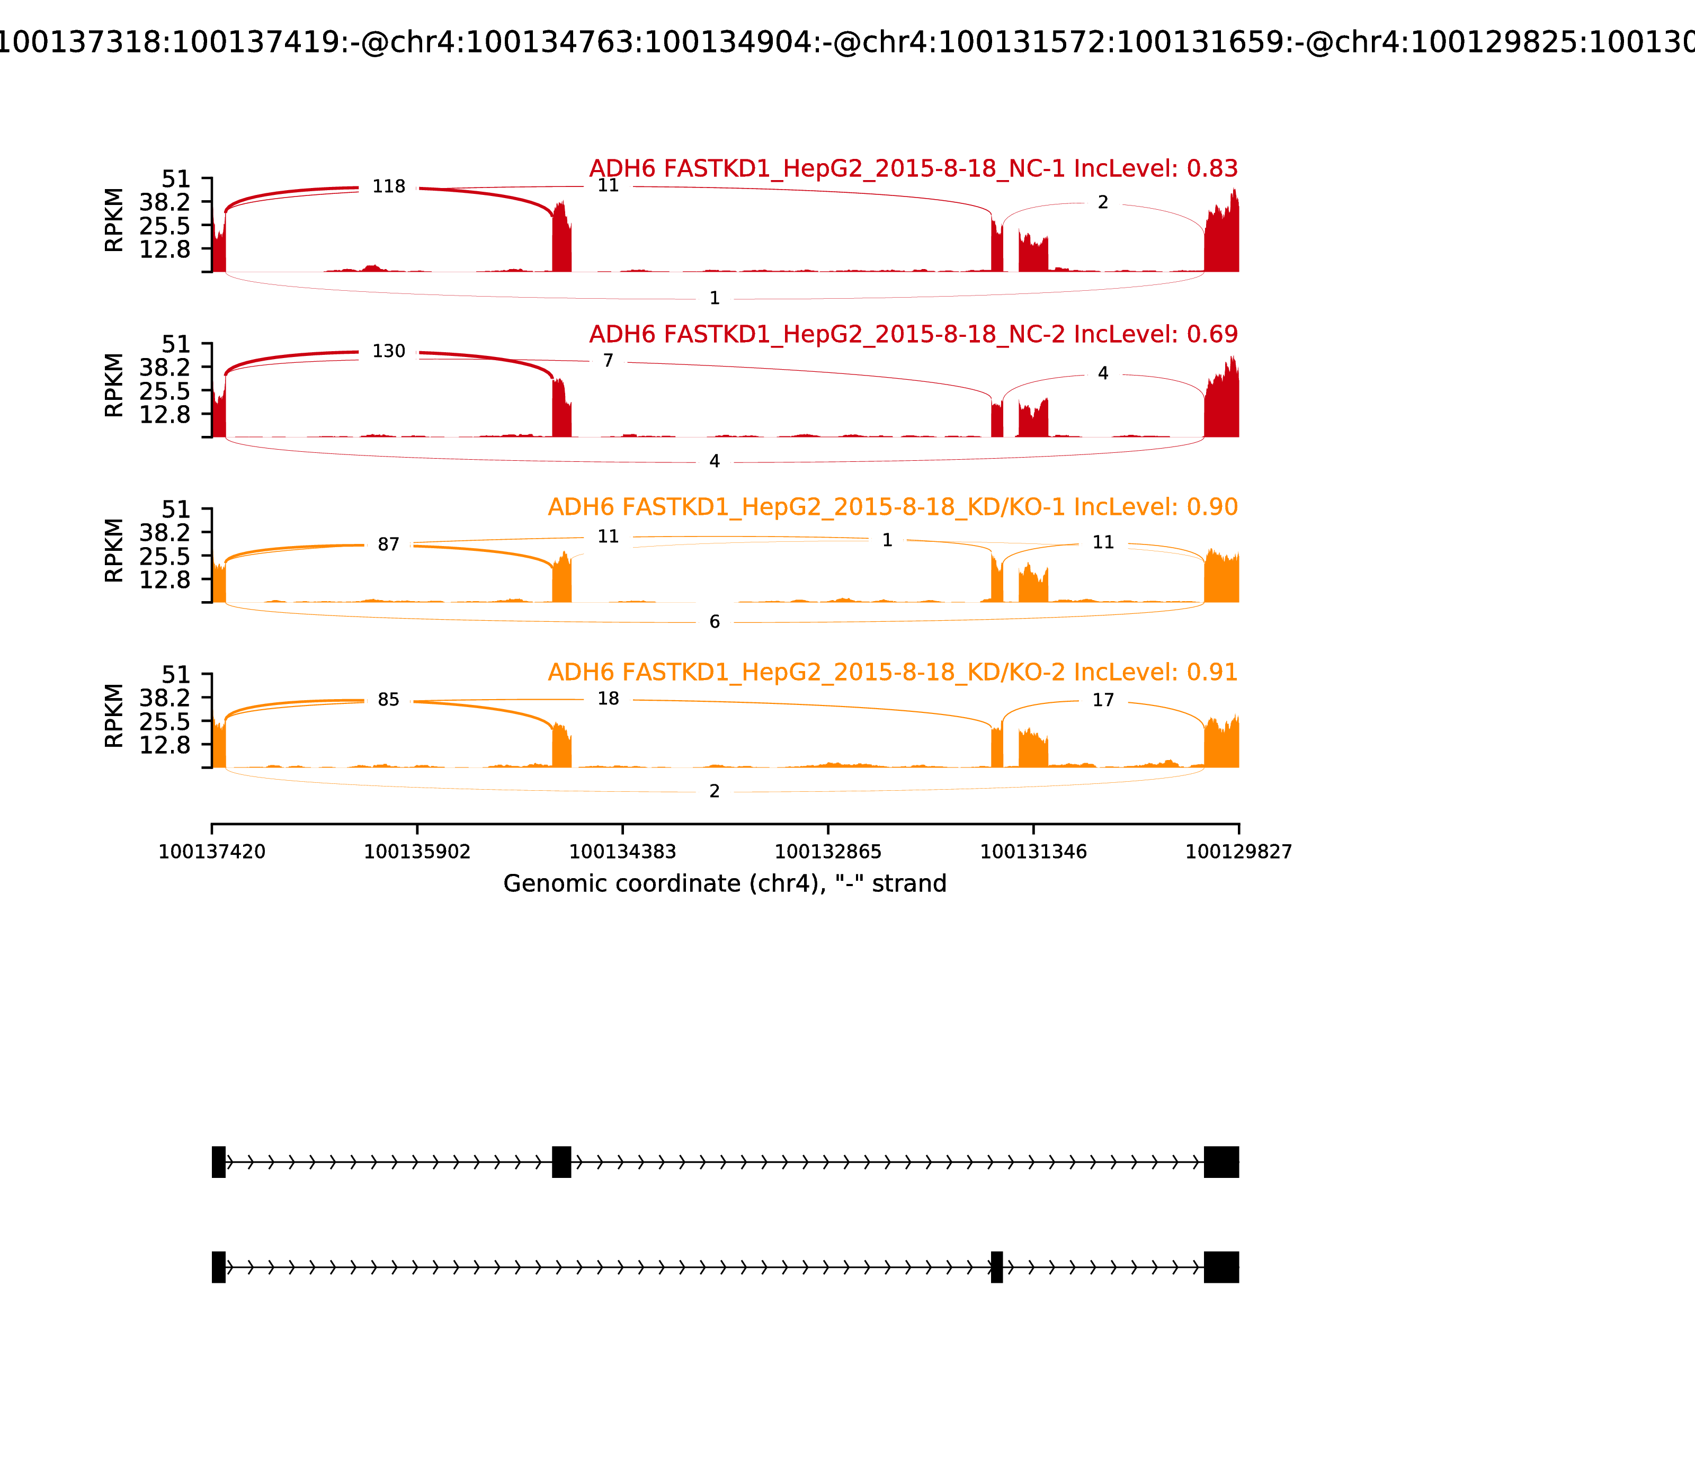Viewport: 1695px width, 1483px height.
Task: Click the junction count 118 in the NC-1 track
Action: point(388,187)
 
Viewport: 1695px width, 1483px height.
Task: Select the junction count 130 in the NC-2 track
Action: point(388,352)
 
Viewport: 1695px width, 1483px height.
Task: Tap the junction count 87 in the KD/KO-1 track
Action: point(388,544)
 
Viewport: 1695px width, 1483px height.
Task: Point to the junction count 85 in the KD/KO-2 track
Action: point(388,700)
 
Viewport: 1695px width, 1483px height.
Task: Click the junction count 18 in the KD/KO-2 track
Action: point(608,699)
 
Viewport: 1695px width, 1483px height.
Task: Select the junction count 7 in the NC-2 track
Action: point(608,361)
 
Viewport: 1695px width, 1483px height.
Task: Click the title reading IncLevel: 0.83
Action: point(913,169)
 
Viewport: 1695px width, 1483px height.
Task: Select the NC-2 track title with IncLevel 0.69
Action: point(913,334)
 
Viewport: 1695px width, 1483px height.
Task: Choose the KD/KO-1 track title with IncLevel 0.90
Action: point(892,507)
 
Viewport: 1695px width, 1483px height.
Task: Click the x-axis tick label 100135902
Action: point(417,852)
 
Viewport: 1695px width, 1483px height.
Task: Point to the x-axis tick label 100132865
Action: point(827,852)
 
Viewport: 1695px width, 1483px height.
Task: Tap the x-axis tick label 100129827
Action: point(1238,852)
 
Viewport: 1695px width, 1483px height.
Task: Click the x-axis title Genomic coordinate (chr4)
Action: point(724,884)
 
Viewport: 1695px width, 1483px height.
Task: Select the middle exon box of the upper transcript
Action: point(561,1162)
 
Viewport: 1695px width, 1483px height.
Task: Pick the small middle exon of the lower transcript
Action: point(996,1267)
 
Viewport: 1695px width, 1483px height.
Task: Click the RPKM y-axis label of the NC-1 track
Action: point(114,220)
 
